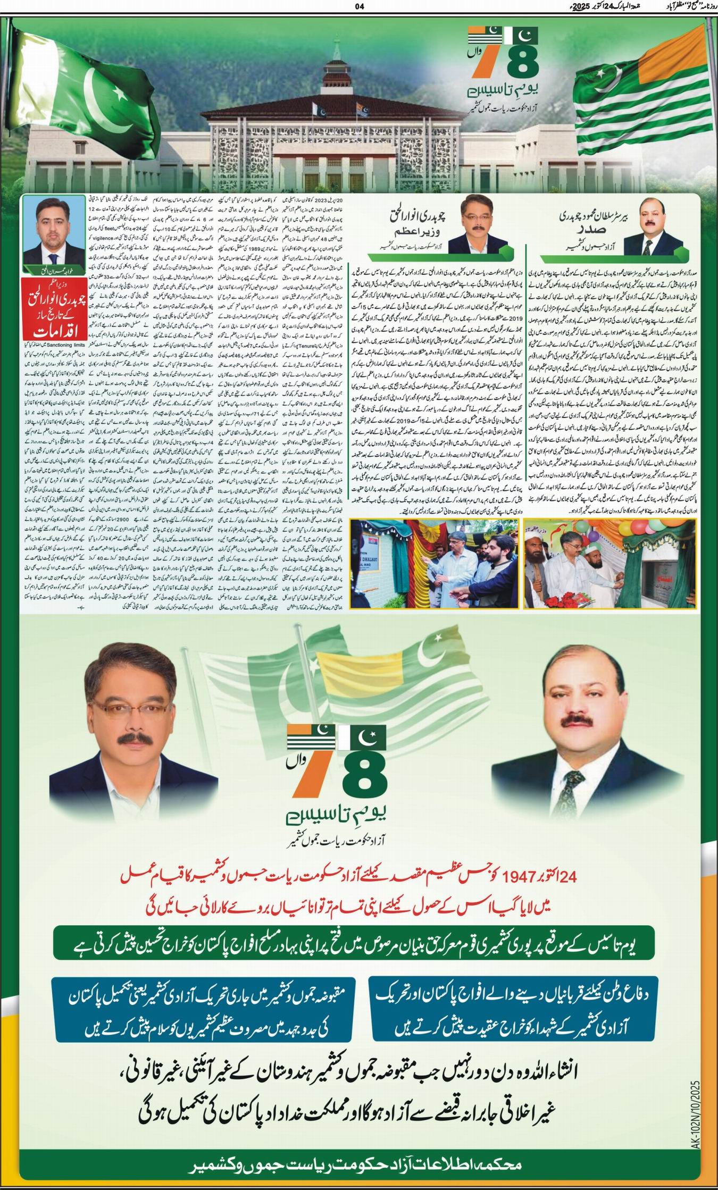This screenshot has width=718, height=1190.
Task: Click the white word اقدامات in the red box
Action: [x=53, y=331]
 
